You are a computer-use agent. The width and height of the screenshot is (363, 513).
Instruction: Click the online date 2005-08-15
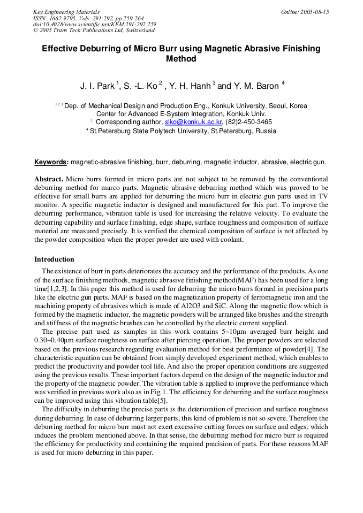coord(315,12)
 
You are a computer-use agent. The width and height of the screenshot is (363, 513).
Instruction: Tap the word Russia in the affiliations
coord(266,131)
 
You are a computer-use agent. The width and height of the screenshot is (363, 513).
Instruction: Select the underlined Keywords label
coord(51,162)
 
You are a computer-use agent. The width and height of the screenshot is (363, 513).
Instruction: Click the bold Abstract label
coord(49,179)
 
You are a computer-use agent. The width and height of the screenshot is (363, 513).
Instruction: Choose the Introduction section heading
coord(54,259)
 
